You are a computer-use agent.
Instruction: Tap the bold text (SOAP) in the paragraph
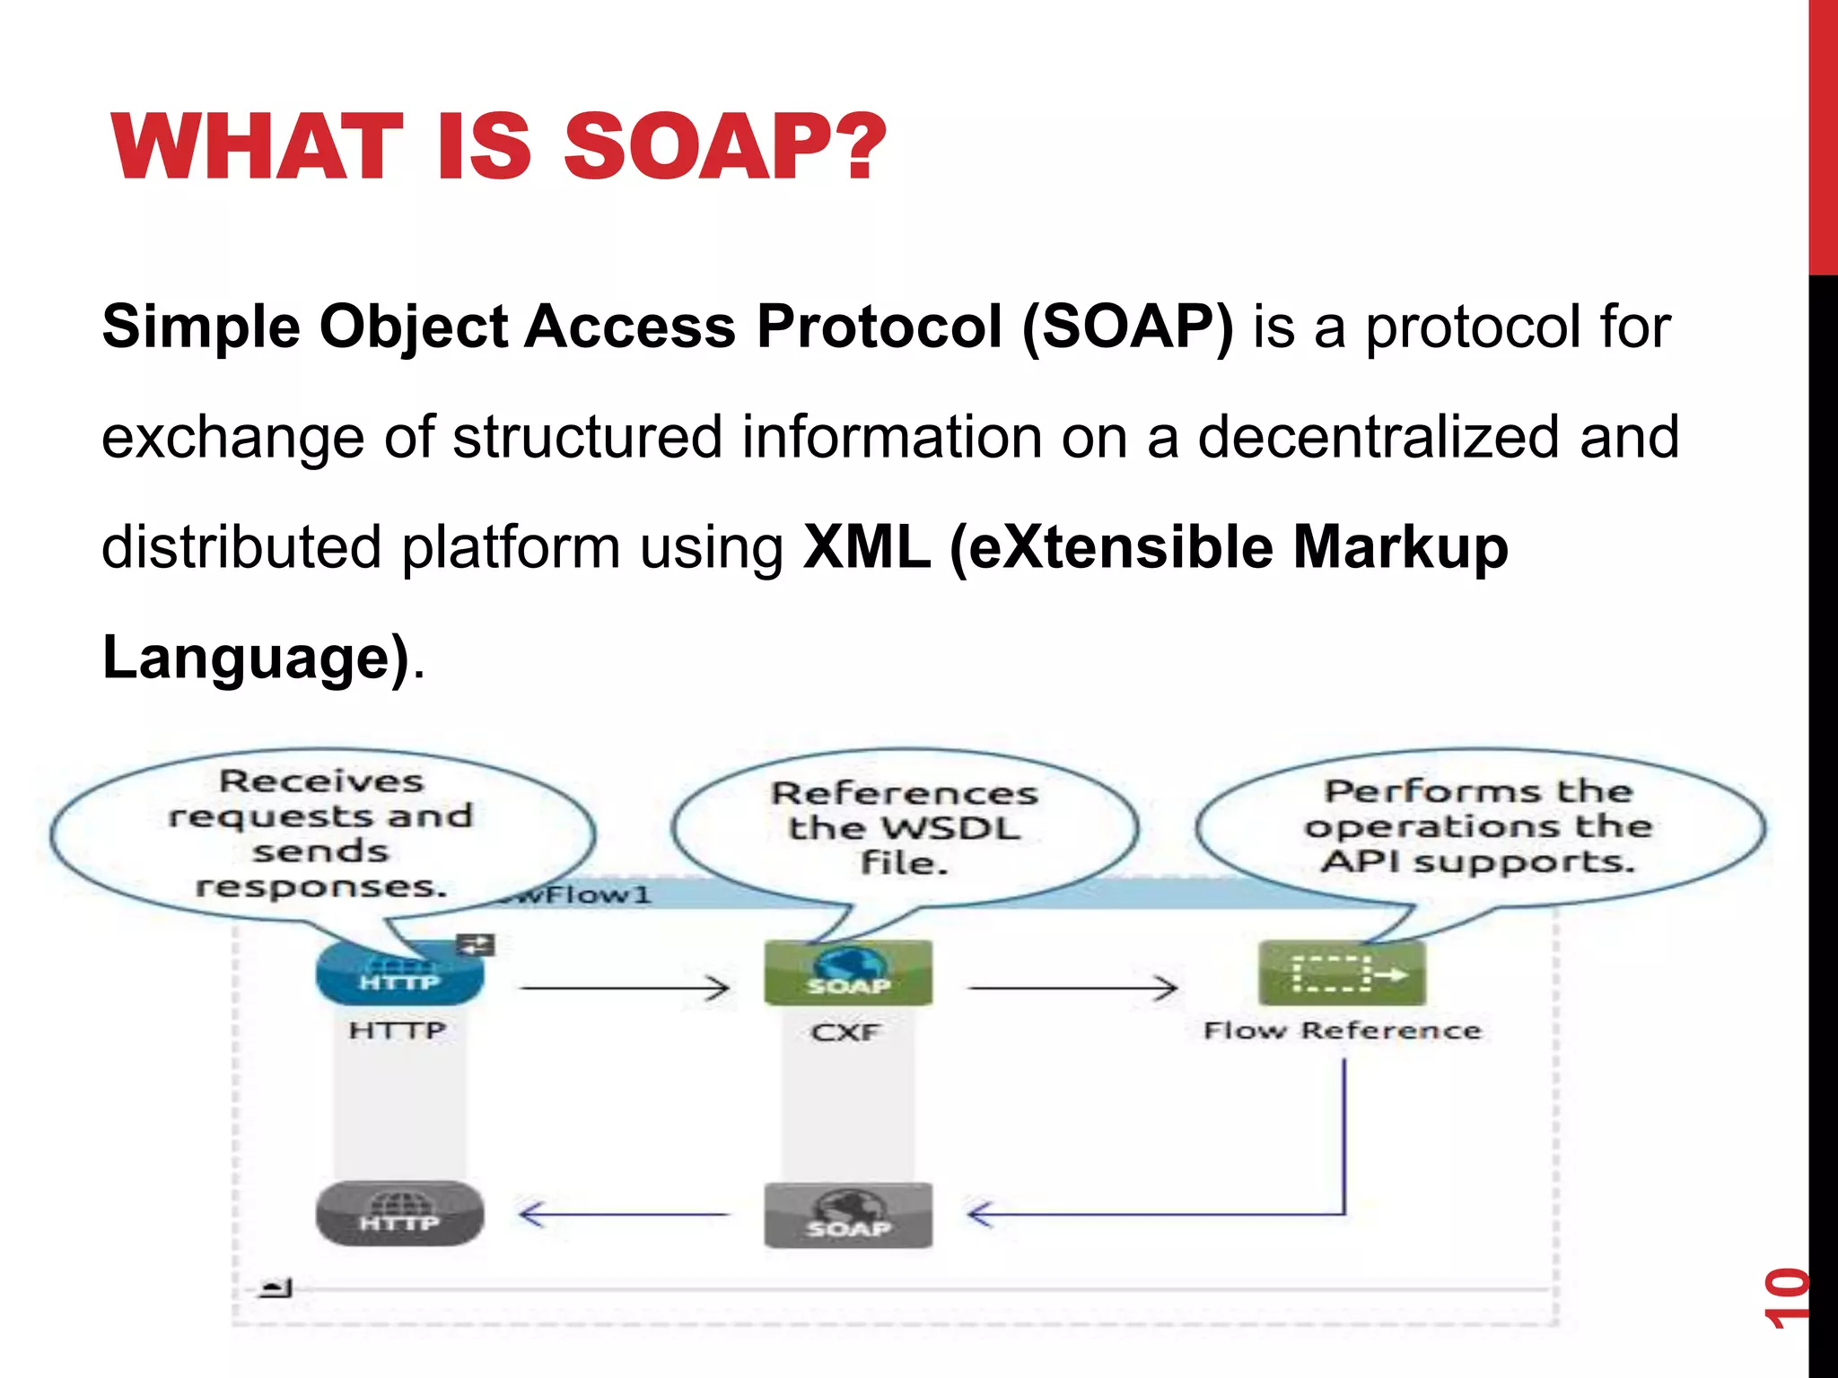tap(1128, 327)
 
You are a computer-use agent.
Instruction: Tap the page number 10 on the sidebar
tap(1786, 1297)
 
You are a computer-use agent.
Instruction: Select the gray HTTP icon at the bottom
tap(399, 1213)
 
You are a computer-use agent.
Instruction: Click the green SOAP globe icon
tap(848, 972)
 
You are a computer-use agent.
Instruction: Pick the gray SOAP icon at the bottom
tap(848, 1215)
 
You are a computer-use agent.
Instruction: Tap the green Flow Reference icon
tap(1342, 972)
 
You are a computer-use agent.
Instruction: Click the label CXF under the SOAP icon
tap(845, 1033)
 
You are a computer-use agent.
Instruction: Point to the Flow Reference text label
tap(1342, 1030)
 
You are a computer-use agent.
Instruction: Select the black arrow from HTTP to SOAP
tap(625, 988)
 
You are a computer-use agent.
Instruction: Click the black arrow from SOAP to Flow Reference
tap(1073, 988)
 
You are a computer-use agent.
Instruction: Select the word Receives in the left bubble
tap(321, 781)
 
